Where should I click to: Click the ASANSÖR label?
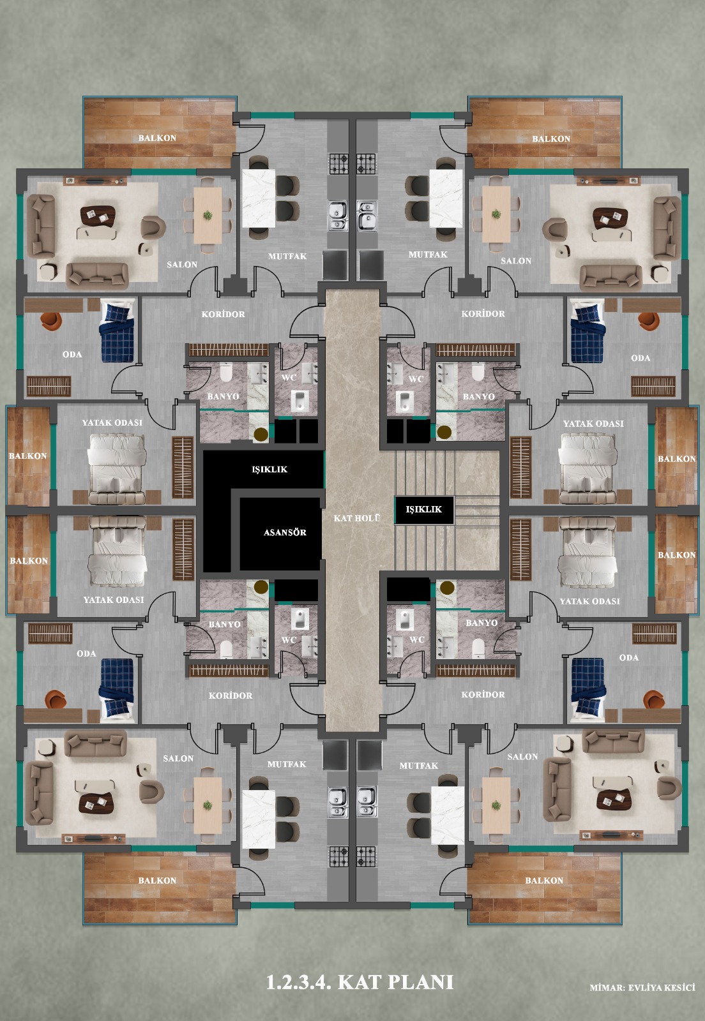[x=285, y=532]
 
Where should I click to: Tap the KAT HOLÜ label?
[x=356, y=518]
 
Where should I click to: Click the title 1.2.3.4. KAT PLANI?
[x=360, y=982]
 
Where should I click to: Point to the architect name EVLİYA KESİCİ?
[x=662, y=988]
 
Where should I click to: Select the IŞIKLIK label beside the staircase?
[x=423, y=509]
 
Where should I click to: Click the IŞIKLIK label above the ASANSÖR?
[x=269, y=470]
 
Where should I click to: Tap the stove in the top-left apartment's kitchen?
[x=339, y=164]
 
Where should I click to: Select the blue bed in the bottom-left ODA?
[x=117, y=688]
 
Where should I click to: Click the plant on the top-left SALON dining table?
[x=208, y=215]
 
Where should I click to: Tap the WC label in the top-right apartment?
[x=416, y=379]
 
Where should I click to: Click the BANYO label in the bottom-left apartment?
[x=224, y=624]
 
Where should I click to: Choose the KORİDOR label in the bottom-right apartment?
[x=483, y=695]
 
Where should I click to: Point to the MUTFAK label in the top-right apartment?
[x=428, y=255]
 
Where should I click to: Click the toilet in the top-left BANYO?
[x=226, y=372]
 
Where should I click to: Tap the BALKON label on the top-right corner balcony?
[x=551, y=138]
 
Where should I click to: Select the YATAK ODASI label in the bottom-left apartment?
[x=114, y=600]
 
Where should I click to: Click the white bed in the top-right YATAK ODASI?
[x=587, y=468]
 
